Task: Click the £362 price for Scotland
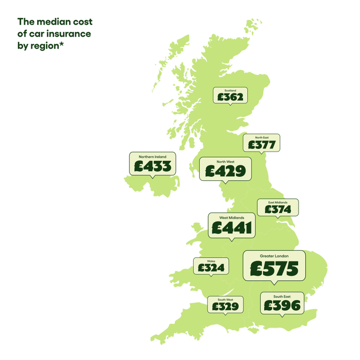(230, 97)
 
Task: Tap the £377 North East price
(261, 144)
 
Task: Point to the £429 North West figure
(225, 171)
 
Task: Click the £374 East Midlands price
(277, 209)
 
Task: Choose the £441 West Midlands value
(232, 228)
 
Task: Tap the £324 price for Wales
(211, 267)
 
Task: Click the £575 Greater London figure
(274, 269)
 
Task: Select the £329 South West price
(225, 306)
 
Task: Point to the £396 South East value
(282, 305)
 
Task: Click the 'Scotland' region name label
(230, 90)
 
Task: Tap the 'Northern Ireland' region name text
(153, 157)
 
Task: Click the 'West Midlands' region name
(232, 217)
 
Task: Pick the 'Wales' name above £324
(211, 261)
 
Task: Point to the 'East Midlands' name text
(278, 202)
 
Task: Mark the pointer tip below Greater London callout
(274, 284)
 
